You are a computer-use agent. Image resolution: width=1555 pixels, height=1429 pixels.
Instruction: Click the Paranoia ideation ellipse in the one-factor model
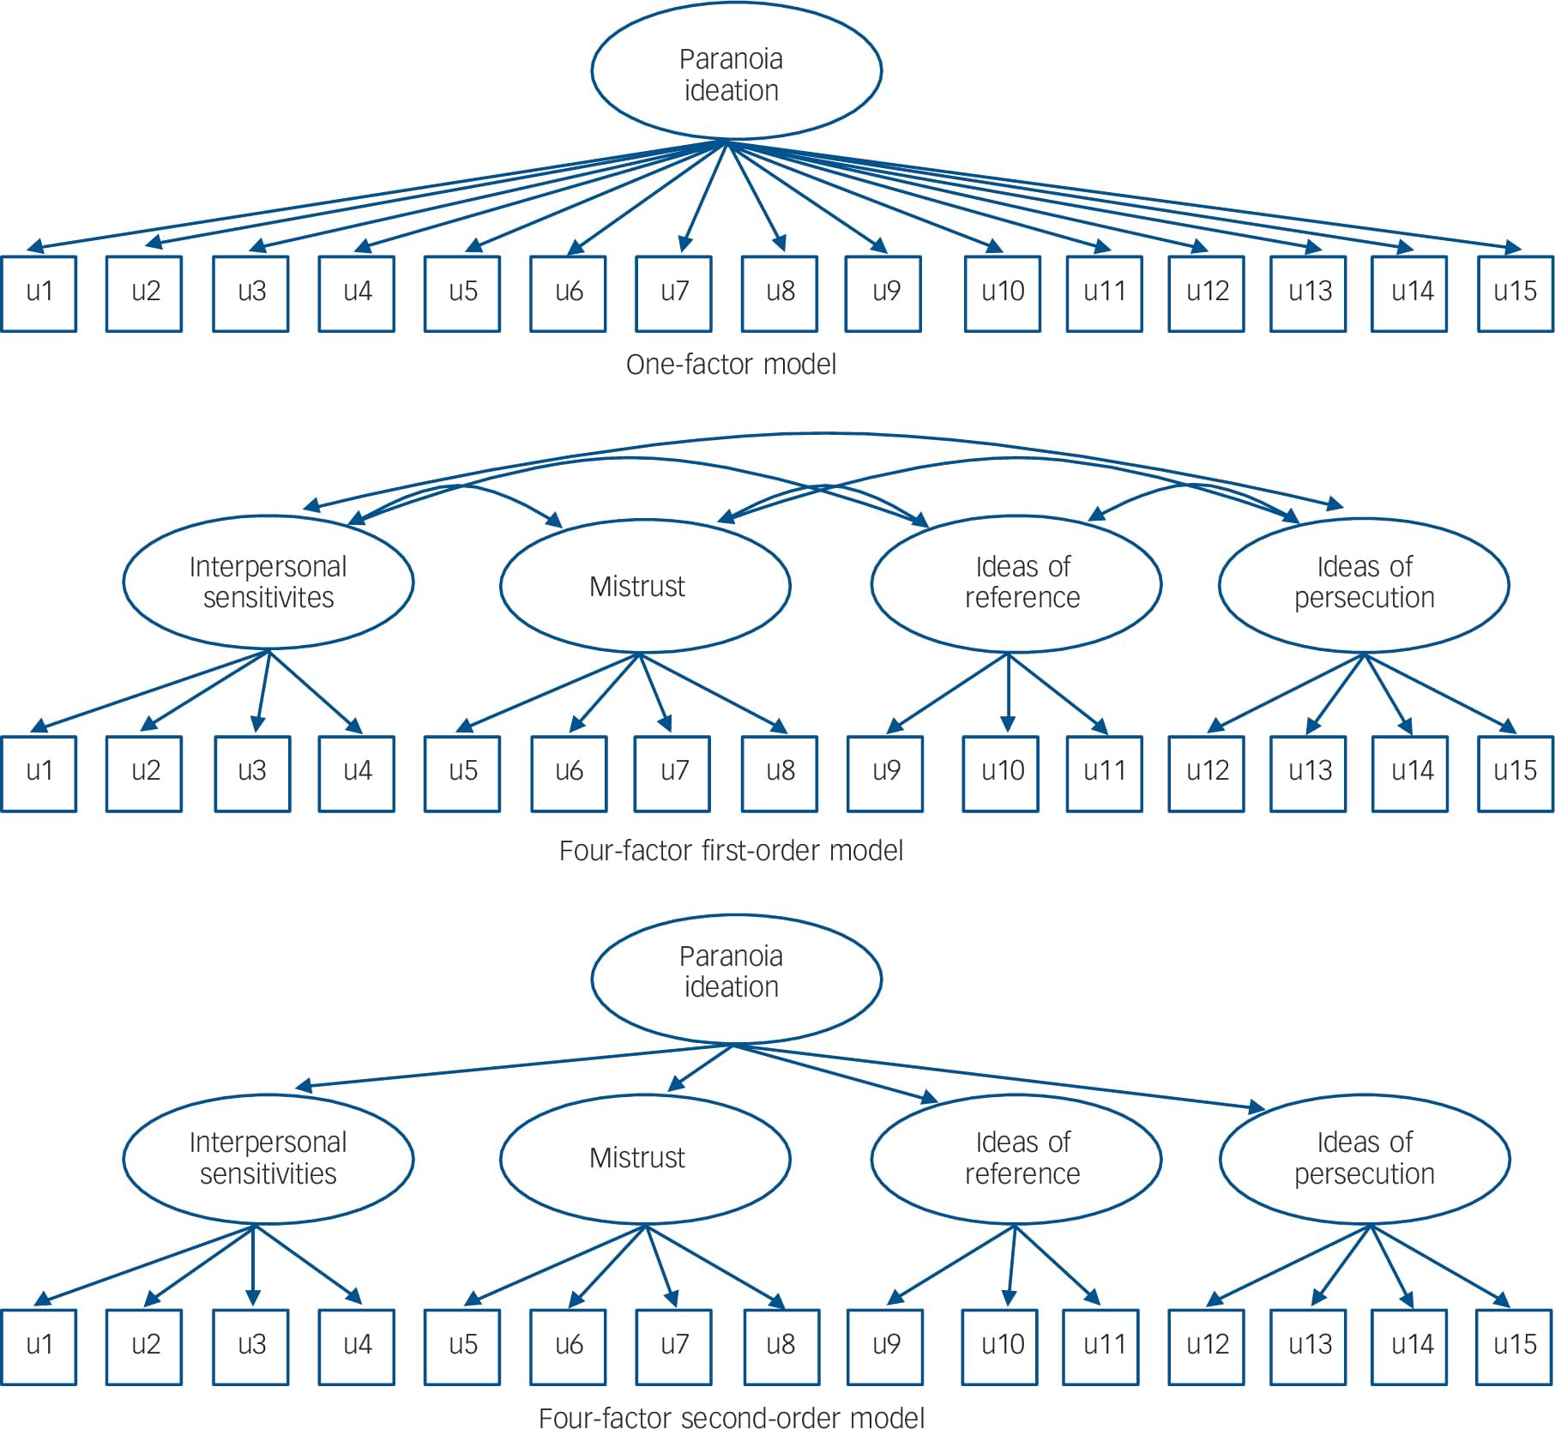736,72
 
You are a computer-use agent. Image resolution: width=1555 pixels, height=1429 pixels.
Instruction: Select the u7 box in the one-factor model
673,292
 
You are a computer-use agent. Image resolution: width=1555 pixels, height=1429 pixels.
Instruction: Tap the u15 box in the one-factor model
1515,292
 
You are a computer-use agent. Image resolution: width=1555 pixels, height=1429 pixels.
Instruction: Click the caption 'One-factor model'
731,365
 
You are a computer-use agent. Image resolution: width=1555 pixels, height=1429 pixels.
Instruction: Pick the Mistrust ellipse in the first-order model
644,586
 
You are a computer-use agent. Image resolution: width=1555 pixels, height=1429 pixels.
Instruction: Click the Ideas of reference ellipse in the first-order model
1016,583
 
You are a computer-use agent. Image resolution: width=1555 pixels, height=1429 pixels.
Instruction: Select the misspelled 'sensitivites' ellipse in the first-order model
268,582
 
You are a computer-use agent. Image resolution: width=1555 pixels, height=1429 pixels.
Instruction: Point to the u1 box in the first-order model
39,773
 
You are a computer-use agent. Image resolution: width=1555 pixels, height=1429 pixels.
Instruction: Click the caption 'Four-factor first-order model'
731,851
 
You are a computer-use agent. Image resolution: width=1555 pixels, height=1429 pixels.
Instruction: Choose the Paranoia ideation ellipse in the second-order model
736,979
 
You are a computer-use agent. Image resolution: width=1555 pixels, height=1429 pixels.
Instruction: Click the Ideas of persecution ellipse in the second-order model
1364,1158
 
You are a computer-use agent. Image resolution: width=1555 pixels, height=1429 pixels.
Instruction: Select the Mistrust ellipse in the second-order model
644,1158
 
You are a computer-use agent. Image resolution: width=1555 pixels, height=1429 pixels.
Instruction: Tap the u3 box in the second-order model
251,1346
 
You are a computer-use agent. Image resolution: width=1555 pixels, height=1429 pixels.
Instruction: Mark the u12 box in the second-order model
1206,1346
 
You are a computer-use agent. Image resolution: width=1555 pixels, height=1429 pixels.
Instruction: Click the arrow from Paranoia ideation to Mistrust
701,1068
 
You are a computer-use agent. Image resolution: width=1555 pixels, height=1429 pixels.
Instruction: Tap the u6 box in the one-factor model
568,292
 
